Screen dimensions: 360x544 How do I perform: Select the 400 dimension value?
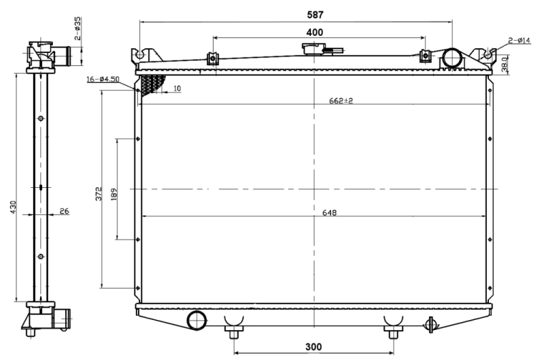315,32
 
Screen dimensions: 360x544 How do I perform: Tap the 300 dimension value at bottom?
313,346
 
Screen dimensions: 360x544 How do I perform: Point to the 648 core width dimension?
330,212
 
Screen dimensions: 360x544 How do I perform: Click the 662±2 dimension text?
341,101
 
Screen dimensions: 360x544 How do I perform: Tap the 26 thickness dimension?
64,212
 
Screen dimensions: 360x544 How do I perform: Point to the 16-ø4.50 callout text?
103,80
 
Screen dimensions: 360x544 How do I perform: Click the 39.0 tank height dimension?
505,65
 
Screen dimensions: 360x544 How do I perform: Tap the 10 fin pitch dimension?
177,88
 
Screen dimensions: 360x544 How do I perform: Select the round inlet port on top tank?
452,57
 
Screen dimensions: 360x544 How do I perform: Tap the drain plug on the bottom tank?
429,325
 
